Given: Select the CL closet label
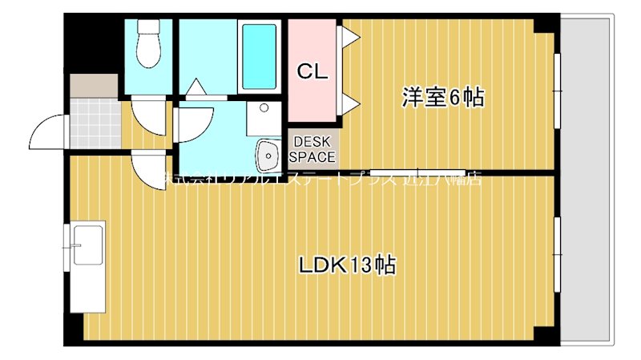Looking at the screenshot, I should pyautogui.click(x=312, y=71).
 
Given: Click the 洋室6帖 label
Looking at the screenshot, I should pyautogui.click(x=442, y=98).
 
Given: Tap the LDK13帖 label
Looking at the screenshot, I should pyautogui.click(x=348, y=265).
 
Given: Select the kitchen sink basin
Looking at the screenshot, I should pyautogui.click(x=87, y=245).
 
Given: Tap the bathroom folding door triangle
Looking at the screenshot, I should pyautogui.click(x=196, y=87).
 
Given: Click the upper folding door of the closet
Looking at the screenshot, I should pyautogui.click(x=349, y=38).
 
